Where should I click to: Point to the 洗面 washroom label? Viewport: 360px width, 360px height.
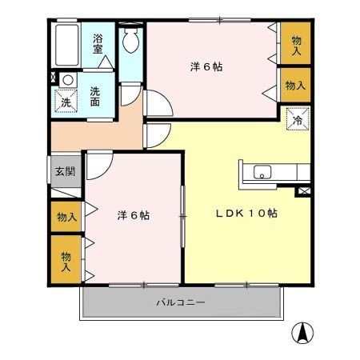(x=95, y=97)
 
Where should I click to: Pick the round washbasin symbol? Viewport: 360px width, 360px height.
(x=68, y=80)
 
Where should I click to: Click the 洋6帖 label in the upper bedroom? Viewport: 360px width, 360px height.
(x=208, y=66)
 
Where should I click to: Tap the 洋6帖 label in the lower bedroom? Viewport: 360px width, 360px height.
(x=134, y=215)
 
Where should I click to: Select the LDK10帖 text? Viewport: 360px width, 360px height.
(x=246, y=214)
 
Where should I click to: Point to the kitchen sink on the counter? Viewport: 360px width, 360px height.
(x=263, y=171)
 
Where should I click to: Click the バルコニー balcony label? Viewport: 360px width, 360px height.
(x=180, y=303)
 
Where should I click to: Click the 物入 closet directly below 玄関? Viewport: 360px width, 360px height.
(x=66, y=216)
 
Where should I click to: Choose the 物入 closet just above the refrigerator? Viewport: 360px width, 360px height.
(x=294, y=86)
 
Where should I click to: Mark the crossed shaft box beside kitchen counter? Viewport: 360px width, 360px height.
(x=303, y=190)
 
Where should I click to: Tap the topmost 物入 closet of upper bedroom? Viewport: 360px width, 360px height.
(x=296, y=46)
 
